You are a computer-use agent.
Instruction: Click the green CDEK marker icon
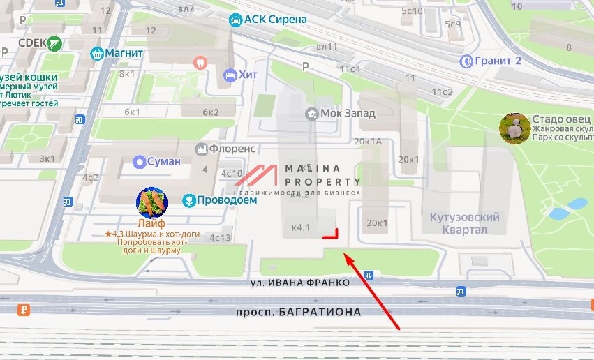(54, 43)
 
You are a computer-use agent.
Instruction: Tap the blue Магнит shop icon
(97, 52)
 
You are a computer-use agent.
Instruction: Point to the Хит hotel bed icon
(230, 75)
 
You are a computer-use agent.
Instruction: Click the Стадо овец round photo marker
(514, 128)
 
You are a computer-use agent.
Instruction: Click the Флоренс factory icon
(202, 149)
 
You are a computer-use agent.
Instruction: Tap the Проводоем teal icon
(188, 200)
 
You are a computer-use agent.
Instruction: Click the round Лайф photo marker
(151, 202)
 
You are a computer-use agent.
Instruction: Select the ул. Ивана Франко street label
(300, 283)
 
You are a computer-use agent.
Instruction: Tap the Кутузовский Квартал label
(465, 223)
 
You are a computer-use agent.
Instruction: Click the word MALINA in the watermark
(313, 168)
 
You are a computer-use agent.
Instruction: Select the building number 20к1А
(369, 141)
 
